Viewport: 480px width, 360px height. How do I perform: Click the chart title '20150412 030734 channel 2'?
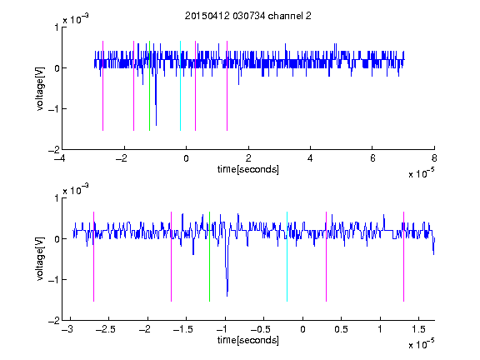(248, 16)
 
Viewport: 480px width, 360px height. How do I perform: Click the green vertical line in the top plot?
(149, 86)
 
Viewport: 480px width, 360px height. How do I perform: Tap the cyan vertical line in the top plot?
(180, 86)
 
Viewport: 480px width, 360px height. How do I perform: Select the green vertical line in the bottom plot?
(209, 257)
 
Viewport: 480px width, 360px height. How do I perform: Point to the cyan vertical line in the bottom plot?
(287, 257)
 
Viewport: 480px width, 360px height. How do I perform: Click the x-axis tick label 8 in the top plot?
(434, 158)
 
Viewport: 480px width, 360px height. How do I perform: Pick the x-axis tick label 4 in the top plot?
(310, 158)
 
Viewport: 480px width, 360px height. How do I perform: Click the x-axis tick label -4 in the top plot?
(59, 158)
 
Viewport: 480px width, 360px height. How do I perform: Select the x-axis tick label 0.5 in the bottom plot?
(341, 329)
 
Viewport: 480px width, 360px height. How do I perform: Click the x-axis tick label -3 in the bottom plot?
(67, 329)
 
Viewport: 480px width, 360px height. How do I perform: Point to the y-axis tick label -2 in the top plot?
(53, 150)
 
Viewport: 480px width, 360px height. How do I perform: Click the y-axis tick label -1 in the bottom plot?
(53, 279)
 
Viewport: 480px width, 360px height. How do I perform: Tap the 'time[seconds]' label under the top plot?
(248, 169)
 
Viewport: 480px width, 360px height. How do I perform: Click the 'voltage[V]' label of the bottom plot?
(40, 259)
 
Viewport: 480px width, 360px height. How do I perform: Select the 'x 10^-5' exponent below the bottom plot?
(422, 344)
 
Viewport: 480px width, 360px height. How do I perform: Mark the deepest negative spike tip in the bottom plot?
(227, 296)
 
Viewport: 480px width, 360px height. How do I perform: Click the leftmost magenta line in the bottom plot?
(93, 257)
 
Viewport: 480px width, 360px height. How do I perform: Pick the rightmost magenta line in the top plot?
(227, 86)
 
